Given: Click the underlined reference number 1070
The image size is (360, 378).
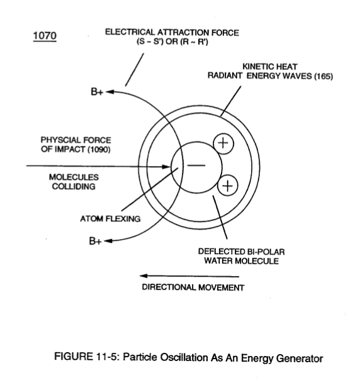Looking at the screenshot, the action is [45, 36].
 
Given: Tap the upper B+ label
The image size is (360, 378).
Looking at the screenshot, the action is [97, 92].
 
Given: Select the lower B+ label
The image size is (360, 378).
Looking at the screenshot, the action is [95, 241].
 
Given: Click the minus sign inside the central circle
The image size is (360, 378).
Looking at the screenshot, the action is [196, 165].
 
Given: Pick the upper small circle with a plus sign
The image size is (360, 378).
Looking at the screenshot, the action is [223, 143].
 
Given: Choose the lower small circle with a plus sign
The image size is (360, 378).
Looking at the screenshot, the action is [228, 186].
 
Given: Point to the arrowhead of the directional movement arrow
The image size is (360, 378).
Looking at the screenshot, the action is [143, 275].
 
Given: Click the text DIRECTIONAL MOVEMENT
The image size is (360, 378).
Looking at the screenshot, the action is [193, 287].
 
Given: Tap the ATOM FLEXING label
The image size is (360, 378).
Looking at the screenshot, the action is [110, 219].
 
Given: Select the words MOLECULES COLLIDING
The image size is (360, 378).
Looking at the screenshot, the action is [74, 182].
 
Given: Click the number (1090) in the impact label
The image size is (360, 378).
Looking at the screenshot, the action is [99, 150].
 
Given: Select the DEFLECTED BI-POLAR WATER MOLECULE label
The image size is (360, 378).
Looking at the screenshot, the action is [241, 256].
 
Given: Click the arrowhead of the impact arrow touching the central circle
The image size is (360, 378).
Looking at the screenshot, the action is [167, 166].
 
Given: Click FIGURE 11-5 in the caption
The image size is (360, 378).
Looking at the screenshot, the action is [87, 357].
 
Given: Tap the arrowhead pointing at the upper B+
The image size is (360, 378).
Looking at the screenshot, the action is [110, 92].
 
